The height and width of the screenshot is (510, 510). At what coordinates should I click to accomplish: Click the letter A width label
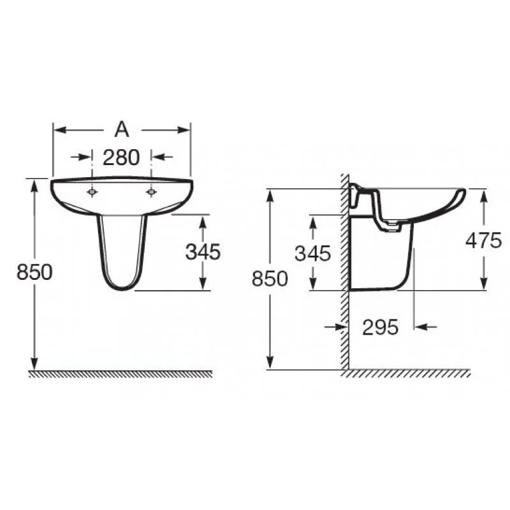(122, 129)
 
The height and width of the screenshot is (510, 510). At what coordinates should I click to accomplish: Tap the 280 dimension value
(121, 157)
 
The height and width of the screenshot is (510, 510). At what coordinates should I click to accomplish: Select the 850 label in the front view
(34, 272)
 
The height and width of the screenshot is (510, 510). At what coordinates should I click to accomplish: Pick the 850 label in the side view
(270, 279)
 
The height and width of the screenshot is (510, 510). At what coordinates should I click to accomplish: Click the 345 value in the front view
(203, 252)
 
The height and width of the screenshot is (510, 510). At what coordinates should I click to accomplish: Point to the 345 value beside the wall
(312, 253)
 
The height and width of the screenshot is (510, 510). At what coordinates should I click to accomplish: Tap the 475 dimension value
(484, 241)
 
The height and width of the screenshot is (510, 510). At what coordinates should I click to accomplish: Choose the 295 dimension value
(380, 327)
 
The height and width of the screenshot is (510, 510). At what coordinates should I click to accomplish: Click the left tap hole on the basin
(92, 193)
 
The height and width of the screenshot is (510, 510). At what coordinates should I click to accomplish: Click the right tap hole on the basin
(151, 193)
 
